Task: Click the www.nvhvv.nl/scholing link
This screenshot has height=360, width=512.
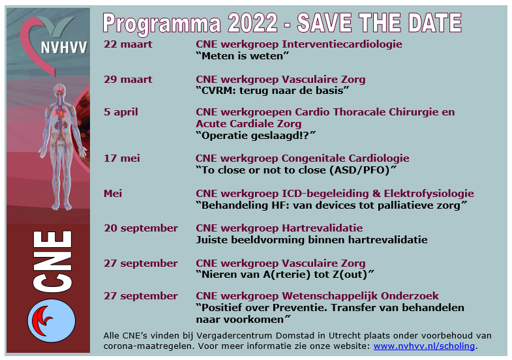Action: [424, 346]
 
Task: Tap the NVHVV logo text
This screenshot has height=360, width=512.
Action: [64, 48]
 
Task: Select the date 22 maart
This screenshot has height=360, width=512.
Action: [128, 44]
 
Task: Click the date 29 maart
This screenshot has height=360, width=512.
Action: [128, 80]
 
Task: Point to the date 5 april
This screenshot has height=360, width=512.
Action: [121, 112]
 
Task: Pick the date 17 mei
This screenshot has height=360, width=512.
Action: [122, 158]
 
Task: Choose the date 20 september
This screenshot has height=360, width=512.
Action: [141, 228]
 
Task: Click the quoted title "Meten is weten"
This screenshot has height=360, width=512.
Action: [242, 56]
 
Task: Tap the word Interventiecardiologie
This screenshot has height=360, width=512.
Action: [342, 44]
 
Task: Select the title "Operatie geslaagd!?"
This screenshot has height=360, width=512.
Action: [256, 136]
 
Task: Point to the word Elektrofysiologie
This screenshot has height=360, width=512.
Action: [429, 194]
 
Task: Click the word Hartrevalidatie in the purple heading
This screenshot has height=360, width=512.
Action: [322, 228]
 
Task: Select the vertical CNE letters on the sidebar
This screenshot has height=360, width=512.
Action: [52, 261]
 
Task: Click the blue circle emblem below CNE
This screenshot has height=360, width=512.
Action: [52, 320]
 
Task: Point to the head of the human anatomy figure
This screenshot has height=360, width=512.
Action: [59, 89]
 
